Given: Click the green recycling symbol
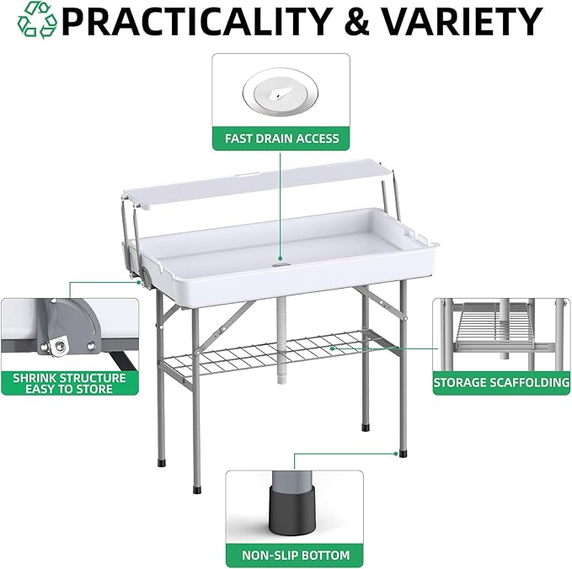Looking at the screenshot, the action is coord(37,20).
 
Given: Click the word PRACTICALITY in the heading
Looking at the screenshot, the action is coord(197,22).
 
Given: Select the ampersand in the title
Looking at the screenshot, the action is coord(357,22).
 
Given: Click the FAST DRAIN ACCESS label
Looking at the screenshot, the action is coord(281,139).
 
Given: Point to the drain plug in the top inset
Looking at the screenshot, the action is coord(281,92).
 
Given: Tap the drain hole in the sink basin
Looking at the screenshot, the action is coord(281,264).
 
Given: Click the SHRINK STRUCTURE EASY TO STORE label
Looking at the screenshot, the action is coord(69,383).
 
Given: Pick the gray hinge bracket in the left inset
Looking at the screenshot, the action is coord(67,327).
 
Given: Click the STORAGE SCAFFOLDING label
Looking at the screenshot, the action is coord(501,382).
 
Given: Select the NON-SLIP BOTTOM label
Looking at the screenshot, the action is coord(296,556).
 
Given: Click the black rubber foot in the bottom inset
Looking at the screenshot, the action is coord(291,509).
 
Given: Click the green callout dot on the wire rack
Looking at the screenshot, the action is coord(332,348).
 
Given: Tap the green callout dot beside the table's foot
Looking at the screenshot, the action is coord(396,454).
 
